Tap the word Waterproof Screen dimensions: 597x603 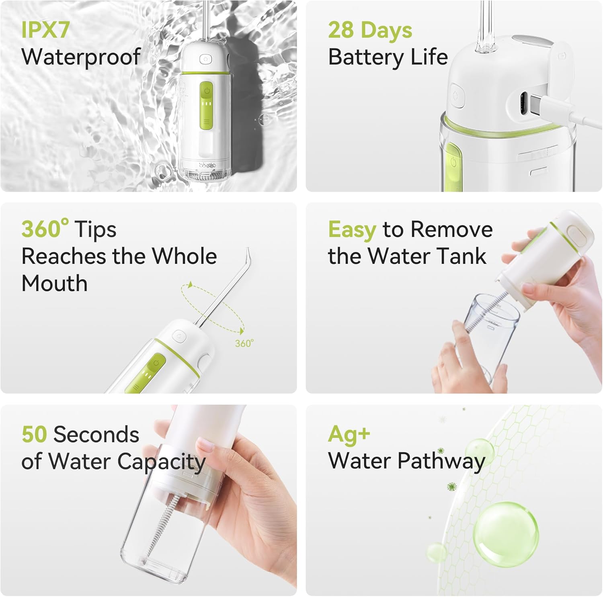click(x=80, y=57)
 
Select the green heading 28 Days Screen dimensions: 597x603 click(x=370, y=30)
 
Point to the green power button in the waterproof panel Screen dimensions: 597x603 click(x=207, y=91)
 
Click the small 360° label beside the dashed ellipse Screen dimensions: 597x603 click(x=244, y=343)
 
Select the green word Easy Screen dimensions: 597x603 click(x=352, y=230)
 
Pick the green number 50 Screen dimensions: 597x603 click(x=34, y=434)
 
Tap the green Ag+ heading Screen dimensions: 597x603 click(x=349, y=434)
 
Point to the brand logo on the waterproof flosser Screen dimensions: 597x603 click(x=207, y=165)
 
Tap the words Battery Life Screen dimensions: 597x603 click(x=388, y=57)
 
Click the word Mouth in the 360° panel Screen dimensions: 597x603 click(x=54, y=283)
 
